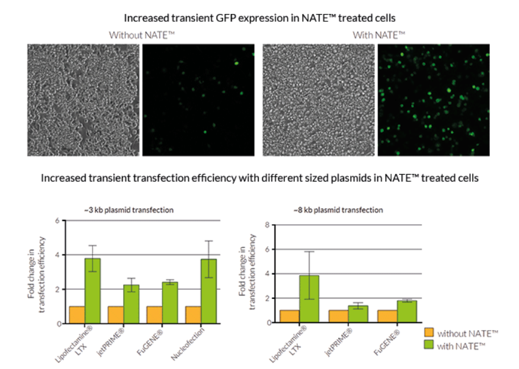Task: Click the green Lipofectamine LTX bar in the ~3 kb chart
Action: [93, 291]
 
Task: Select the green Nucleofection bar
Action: [209, 291]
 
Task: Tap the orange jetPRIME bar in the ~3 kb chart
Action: [116, 315]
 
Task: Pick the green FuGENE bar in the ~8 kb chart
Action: [407, 311]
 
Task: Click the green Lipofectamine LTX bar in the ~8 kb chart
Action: [309, 299]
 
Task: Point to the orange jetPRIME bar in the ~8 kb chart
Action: [338, 317]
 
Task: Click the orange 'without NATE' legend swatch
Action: [429, 332]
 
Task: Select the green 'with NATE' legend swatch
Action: [429, 345]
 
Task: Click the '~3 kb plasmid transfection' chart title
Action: [129, 210]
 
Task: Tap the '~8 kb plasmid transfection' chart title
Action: [338, 210]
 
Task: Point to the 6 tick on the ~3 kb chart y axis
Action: [58, 220]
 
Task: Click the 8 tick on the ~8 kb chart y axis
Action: [267, 225]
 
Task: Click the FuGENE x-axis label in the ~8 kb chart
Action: [387, 342]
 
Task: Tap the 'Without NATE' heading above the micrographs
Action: [142, 35]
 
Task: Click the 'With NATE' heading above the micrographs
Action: [379, 35]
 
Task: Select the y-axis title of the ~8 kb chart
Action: [247, 272]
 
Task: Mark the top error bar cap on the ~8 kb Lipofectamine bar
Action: [309, 251]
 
